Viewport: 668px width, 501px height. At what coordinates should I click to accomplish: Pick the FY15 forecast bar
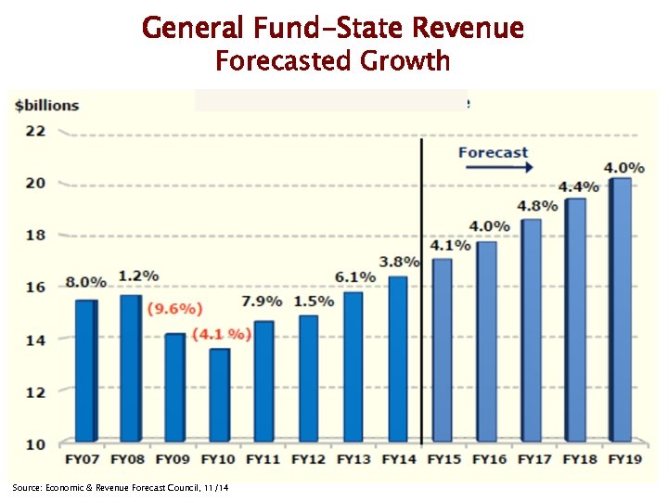(441, 349)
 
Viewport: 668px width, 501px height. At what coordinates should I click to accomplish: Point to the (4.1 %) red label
(221, 334)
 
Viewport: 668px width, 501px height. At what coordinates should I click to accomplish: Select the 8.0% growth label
(85, 281)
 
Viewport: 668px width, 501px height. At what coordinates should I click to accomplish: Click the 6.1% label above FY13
(355, 276)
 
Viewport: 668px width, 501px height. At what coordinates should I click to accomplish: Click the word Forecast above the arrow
(493, 152)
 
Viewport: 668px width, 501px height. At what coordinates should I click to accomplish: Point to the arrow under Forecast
(499, 168)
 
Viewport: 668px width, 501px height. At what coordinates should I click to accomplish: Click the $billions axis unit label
(47, 105)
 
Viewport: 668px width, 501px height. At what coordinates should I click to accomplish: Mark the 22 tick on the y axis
(35, 130)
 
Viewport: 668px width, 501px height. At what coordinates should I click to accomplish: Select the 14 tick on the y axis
(35, 340)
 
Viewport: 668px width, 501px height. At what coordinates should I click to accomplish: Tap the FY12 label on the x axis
(308, 458)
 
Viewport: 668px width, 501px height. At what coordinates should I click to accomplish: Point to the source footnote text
(121, 488)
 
